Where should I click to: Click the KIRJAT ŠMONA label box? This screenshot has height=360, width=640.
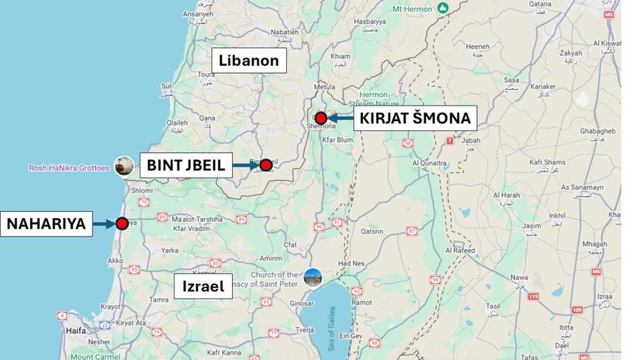(x=414, y=119)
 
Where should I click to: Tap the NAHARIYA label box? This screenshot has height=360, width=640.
(x=45, y=224)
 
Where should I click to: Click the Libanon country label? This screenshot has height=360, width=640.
(x=249, y=61)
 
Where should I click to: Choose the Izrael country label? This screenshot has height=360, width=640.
(x=203, y=286)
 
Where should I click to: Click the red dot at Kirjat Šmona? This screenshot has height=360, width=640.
(x=320, y=118)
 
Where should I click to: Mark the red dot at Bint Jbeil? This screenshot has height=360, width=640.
(x=266, y=164)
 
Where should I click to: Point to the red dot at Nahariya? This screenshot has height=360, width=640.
(x=122, y=223)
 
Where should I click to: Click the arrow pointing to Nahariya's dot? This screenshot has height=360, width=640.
(x=104, y=224)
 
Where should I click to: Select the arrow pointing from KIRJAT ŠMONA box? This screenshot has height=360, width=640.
(x=340, y=119)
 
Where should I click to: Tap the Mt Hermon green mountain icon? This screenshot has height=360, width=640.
(x=442, y=8)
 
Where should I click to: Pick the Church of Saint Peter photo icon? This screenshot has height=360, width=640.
(x=313, y=277)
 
